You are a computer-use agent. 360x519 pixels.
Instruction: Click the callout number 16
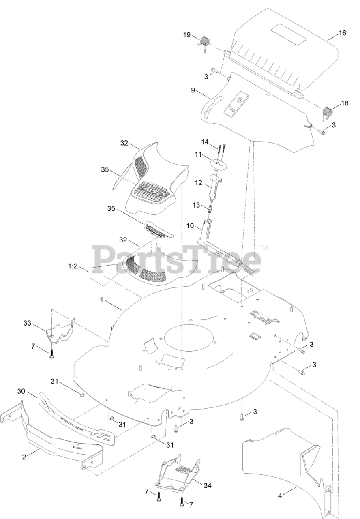342,33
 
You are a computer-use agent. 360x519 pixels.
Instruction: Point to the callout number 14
205,142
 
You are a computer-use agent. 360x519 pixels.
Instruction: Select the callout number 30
21,391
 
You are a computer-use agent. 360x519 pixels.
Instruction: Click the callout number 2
24,457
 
